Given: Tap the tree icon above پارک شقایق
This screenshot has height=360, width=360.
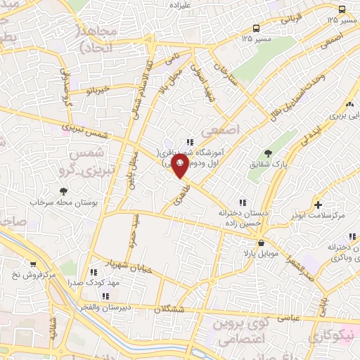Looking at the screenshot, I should (x=267, y=153).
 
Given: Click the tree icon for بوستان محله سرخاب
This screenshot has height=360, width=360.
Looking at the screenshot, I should (x=65, y=191).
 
